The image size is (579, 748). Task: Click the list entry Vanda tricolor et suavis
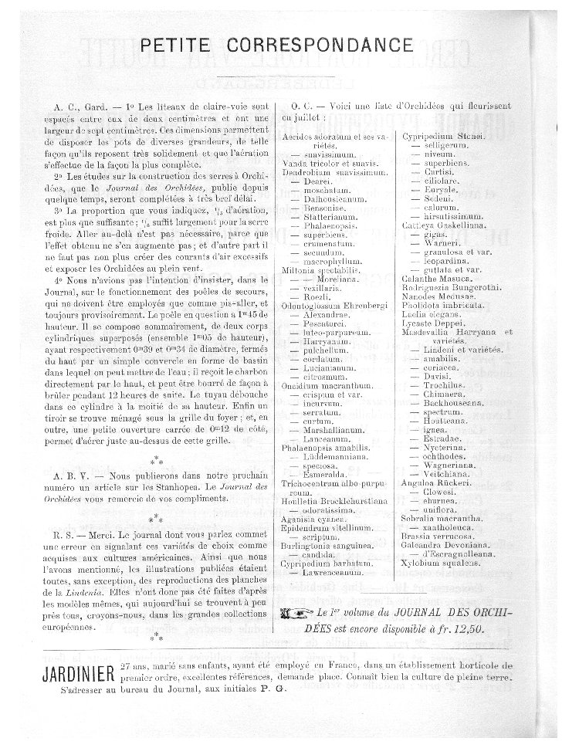point(330,164)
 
